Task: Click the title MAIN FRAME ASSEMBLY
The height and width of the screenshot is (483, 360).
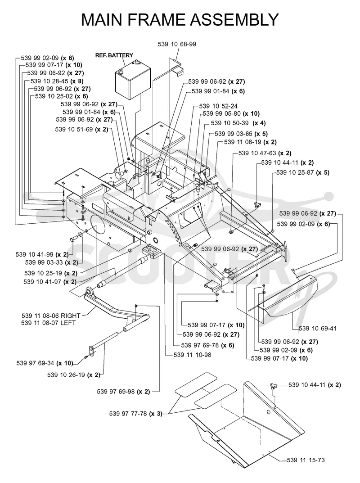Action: click(180, 19)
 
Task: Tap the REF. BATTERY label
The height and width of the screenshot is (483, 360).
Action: click(114, 55)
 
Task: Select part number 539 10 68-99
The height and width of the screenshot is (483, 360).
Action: click(177, 44)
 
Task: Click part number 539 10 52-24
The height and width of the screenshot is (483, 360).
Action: click(218, 106)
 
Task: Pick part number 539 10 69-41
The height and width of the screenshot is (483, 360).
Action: click(318, 328)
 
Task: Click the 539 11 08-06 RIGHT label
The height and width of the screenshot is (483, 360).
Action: click(51, 316)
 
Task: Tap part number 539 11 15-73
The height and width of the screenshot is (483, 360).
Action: click(306, 460)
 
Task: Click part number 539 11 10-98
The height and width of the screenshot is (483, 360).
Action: click(193, 355)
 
